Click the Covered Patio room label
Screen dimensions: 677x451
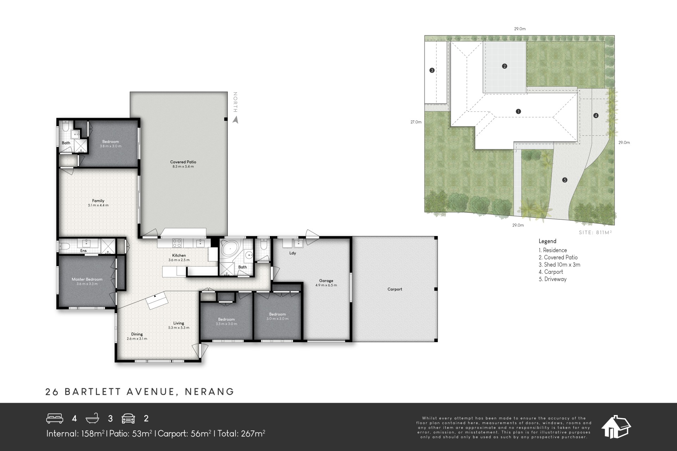(x=183, y=162)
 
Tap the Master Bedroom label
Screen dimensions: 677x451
(x=87, y=279)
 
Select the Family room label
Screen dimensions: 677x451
(x=98, y=201)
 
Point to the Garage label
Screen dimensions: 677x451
(x=326, y=281)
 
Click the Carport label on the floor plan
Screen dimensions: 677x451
(x=395, y=289)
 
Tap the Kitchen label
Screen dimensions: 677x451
(x=179, y=255)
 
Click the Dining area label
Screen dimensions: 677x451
(x=137, y=334)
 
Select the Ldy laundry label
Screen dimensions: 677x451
(x=293, y=253)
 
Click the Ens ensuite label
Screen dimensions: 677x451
(x=84, y=251)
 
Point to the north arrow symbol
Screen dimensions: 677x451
(x=236, y=120)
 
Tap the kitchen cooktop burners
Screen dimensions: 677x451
(x=177, y=243)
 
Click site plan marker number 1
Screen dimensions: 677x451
(x=518, y=111)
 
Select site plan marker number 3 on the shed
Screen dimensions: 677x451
(x=432, y=70)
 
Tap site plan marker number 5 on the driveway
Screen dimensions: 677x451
(x=565, y=180)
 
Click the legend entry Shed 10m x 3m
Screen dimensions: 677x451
(x=560, y=265)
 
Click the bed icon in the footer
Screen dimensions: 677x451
(x=55, y=418)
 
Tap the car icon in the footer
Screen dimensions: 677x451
(x=128, y=419)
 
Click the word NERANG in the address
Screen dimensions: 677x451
(x=210, y=391)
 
